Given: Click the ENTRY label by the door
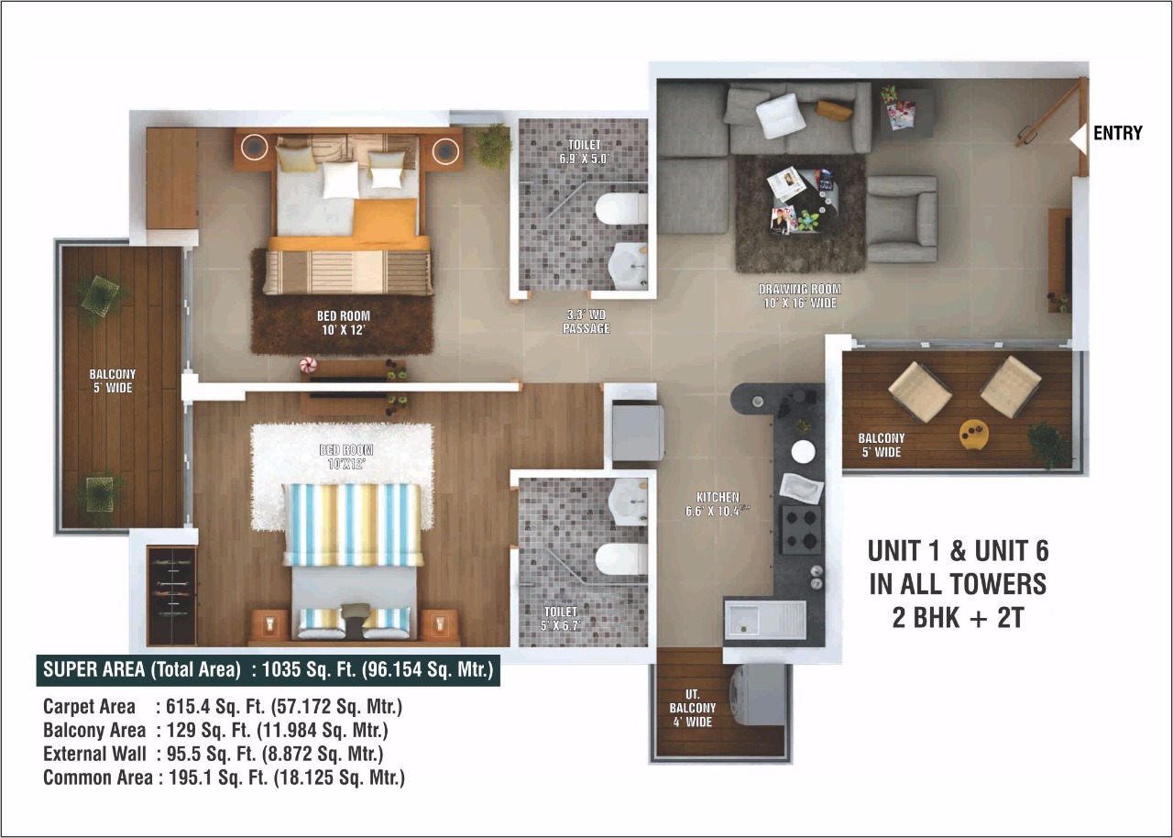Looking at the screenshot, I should [x=1117, y=133].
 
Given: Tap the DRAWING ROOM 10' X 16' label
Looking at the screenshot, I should [x=799, y=295].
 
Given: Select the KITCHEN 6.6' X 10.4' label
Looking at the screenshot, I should [x=718, y=503].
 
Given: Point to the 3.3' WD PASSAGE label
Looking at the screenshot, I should [x=586, y=321].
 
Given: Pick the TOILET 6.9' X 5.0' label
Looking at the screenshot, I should [x=584, y=151].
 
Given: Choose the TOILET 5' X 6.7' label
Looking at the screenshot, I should [x=560, y=618].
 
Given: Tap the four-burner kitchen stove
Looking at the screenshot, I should [x=800, y=529].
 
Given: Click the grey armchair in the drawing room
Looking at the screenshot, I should [x=902, y=219].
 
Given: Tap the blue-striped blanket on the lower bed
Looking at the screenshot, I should [x=353, y=524].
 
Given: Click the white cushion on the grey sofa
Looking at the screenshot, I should [x=781, y=116].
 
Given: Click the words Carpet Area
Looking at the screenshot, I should [x=89, y=707].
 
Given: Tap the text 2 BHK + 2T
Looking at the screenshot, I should [x=958, y=617].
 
